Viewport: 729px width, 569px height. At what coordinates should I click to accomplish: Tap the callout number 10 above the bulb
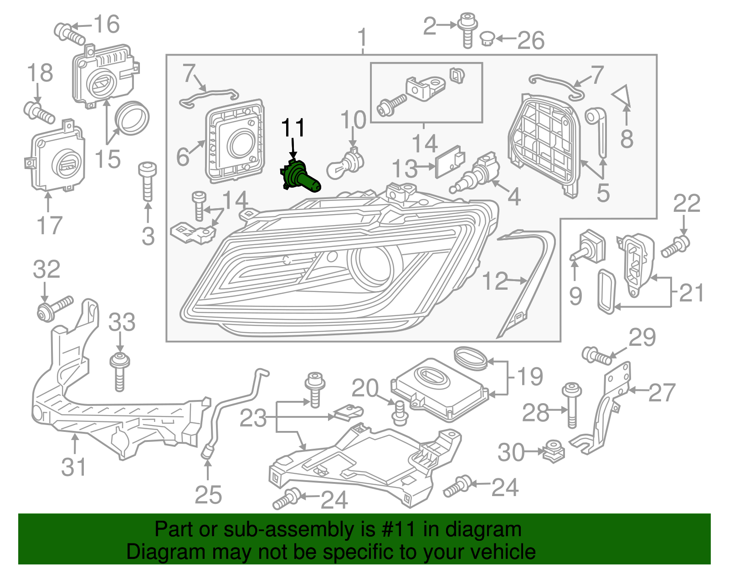tap(353, 120)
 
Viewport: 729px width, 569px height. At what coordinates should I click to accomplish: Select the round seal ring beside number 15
tap(133, 118)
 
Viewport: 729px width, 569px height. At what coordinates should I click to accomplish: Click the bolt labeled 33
tap(120, 371)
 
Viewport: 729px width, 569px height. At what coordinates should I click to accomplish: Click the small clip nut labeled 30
tap(554, 451)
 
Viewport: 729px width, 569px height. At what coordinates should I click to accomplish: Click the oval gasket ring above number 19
tap(471, 358)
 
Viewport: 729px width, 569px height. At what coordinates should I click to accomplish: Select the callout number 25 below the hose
tap(208, 495)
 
